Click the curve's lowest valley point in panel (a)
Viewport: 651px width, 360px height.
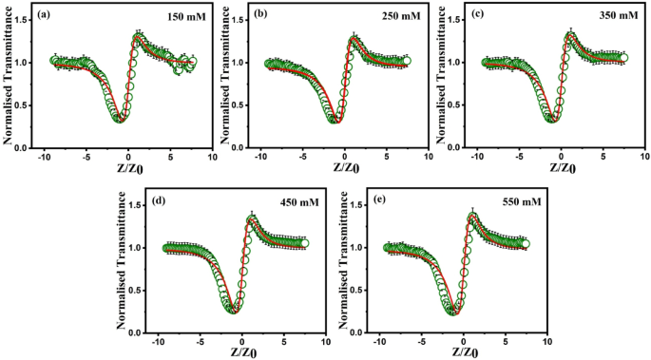click(119, 119)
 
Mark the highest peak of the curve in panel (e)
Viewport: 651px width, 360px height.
click(472, 215)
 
